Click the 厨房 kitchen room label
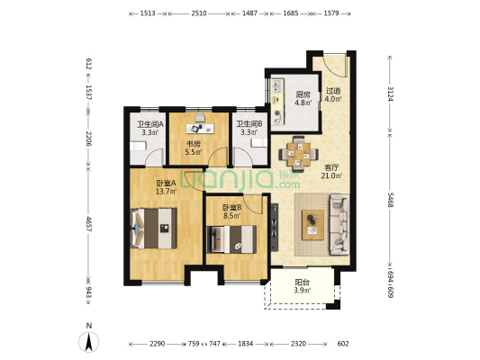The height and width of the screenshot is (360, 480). pyautogui.click(x=303, y=94)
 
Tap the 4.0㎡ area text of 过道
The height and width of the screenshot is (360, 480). pyautogui.click(x=333, y=99)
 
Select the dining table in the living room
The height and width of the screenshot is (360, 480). pyautogui.click(x=298, y=155)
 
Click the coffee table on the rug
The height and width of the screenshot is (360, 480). pyautogui.click(x=312, y=225)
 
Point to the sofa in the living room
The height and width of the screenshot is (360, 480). pyautogui.click(x=340, y=224)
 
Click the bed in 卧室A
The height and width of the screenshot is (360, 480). pyautogui.click(x=153, y=229)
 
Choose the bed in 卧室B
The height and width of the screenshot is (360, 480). pyautogui.click(x=231, y=239)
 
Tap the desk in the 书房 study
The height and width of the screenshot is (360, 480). pyautogui.click(x=200, y=129)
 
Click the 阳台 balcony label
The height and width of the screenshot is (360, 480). pyautogui.click(x=302, y=283)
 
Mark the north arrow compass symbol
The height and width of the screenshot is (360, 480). pyautogui.click(x=89, y=342)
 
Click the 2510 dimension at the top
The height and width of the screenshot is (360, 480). pyautogui.click(x=199, y=13)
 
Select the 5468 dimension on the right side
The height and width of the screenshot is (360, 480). pyautogui.click(x=390, y=200)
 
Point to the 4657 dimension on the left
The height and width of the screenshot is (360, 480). pyautogui.click(x=88, y=224)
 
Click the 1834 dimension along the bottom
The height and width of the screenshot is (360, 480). pyautogui.click(x=246, y=344)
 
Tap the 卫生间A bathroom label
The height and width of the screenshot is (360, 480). pyautogui.click(x=150, y=124)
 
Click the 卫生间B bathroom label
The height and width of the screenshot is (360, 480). pyautogui.click(x=249, y=124)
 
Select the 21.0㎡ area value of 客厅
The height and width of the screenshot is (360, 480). pyautogui.click(x=331, y=175)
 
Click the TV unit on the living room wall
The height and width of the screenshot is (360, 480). pyautogui.click(x=275, y=228)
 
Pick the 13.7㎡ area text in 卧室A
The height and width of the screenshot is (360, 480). pyautogui.click(x=167, y=192)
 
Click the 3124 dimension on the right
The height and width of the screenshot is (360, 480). pyautogui.click(x=390, y=94)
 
